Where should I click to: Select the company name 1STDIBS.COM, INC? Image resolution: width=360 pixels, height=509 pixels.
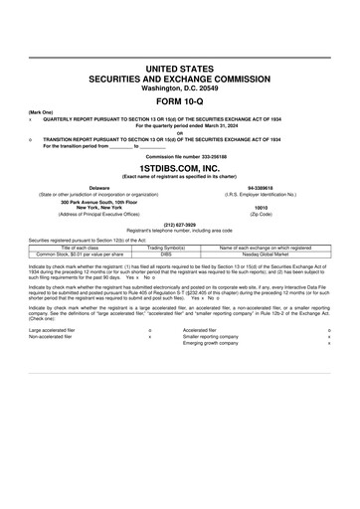point(179,169)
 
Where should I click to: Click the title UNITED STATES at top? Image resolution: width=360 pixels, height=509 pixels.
point(179,68)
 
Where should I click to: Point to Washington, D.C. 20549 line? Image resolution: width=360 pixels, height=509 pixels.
point(179,86)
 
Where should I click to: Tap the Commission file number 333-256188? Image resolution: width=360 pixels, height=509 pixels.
point(179,157)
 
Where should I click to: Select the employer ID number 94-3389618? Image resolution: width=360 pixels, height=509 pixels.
point(262,186)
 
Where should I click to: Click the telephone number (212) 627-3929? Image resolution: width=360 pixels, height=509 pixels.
point(179,225)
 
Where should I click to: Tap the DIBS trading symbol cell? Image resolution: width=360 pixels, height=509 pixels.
point(167,254)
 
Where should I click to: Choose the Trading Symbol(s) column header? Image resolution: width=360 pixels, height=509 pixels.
point(167,248)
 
